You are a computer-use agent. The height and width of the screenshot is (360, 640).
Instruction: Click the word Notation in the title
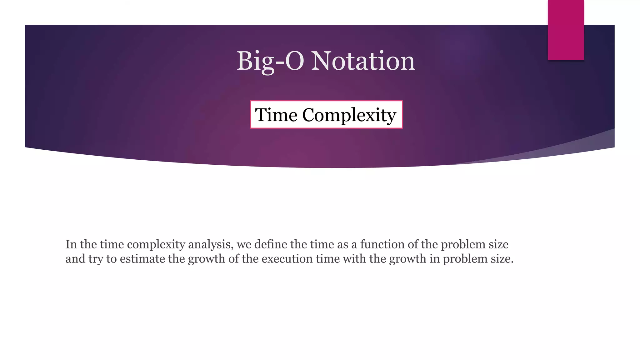(x=363, y=61)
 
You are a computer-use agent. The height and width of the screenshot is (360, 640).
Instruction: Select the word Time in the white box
(x=276, y=115)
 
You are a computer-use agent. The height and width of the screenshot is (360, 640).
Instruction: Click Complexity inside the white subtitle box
(x=349, y=115)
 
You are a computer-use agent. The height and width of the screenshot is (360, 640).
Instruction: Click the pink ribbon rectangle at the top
(x=566, y=30)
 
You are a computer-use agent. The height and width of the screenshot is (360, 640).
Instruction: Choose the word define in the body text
(x=271, y=244)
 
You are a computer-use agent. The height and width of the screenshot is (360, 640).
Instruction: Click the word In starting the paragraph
(x=71, y=244)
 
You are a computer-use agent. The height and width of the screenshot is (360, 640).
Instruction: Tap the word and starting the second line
(x=75, y=259)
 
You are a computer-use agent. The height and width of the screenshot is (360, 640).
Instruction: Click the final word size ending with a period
(x=502, y=259)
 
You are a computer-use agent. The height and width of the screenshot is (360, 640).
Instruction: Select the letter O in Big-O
(x=294, y=61)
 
